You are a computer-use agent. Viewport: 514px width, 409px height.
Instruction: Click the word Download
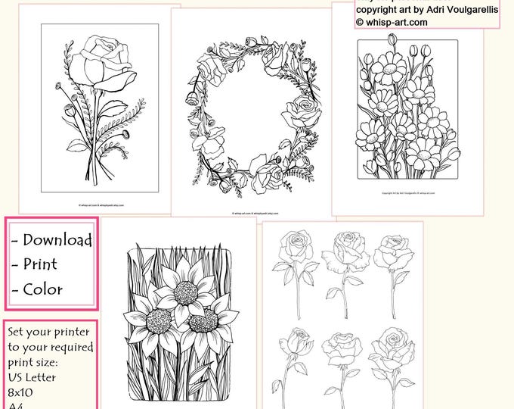point(57,240)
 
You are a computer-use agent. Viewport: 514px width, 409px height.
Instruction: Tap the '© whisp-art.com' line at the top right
point(392,23)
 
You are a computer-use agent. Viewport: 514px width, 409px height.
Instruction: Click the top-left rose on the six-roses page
point(290,247)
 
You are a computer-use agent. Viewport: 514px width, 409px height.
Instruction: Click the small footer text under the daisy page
point(407,193)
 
